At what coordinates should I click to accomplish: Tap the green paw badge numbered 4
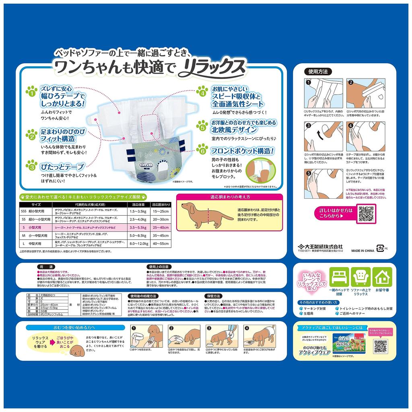click(x=203, y=92)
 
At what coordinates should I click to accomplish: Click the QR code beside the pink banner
click(x=367, y=214)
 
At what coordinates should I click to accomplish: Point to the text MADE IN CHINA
click(x=363, y=250)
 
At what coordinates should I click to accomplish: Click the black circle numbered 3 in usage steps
click(x=309, y=126)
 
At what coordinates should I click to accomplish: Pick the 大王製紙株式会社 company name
click(x=325, y=246)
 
